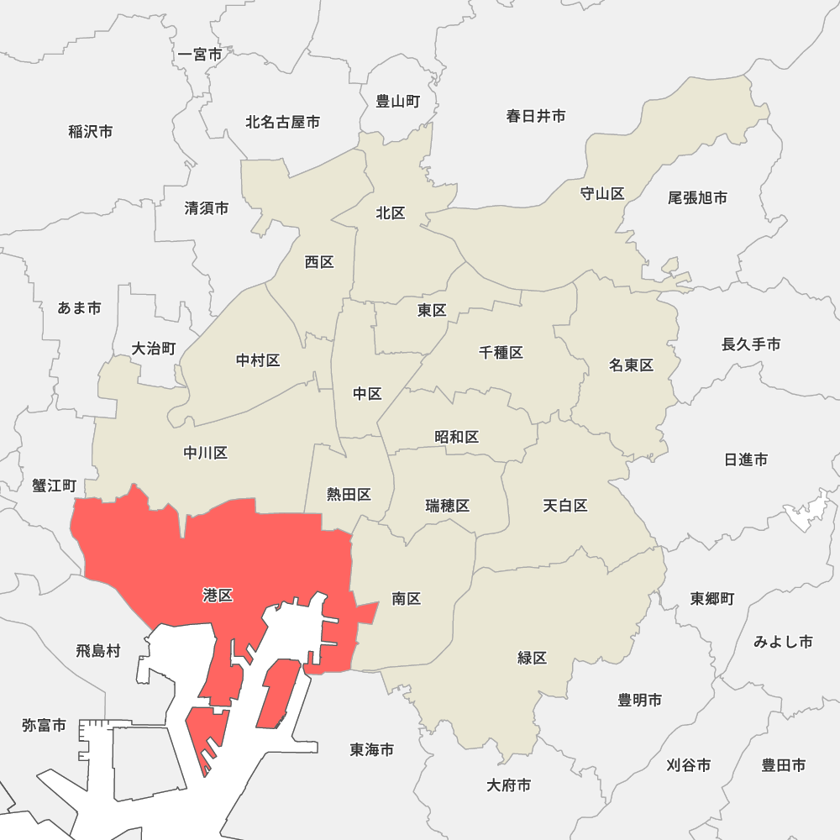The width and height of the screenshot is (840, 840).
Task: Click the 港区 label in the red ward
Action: pos(218,596)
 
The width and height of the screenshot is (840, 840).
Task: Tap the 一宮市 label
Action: pos(201,55)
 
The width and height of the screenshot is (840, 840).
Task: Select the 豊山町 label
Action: pos(397,102)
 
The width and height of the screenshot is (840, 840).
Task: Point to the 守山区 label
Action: pos(602,194)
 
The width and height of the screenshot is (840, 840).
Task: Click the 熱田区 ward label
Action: pos(349,494)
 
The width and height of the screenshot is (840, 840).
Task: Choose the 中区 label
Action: pos(367,394)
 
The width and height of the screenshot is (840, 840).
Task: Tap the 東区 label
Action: pos(432,311)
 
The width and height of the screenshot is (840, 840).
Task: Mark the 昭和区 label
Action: pos(457,437)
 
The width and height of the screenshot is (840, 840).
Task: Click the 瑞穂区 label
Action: pos(448,506)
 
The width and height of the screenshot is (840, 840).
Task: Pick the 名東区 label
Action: pos(632,365)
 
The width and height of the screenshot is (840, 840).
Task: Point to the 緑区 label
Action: pos(533,658)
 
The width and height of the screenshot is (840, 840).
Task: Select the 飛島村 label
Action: pos(98,650)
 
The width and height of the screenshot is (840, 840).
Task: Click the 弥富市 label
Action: pos(44,725)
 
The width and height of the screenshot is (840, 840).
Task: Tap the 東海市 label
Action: pos(372,749)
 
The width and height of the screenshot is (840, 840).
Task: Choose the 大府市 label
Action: pos(508,785)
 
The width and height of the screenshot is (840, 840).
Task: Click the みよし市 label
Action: pos(783,642)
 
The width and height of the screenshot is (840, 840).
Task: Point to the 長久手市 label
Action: pos(751,344)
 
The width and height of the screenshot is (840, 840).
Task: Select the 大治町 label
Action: pos(154,348)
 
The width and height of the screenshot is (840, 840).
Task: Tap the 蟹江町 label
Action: pos(55,486)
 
